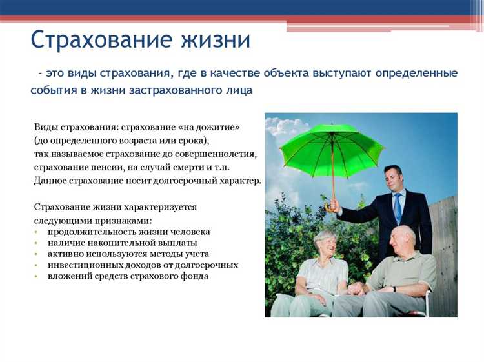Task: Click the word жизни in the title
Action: pyautogui.click(x=217, y=40)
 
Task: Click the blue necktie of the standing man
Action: pyautogui.click(x=398, y=207)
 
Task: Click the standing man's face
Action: pyautogui.click(x=393, y=178)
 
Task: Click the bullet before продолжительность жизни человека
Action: pyautogui.click(x=37, y=232)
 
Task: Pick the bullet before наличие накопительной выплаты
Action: pyautogui.click(x=37, y=243)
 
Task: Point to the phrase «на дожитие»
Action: pyautogui.click(x=215, y=127)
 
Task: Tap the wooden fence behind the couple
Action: pyautogui.click(x=445, y=239)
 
